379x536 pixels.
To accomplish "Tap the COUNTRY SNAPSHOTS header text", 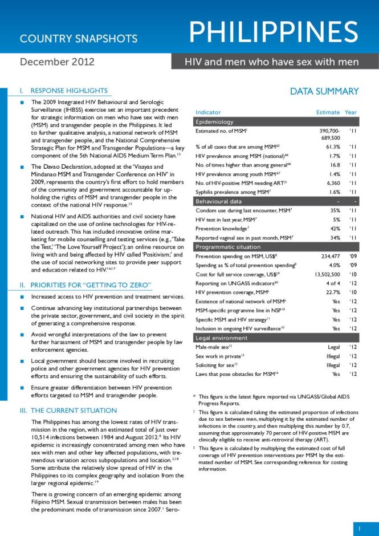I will (x=79, y=39).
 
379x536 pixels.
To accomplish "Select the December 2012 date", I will (x=57, y=62).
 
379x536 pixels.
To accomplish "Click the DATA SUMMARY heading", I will (x=324, y=91).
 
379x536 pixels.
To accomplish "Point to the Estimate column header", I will (x=328, y=112).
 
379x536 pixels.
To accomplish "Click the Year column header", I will (x=351, y=112).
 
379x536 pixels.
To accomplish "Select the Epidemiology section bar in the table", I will (x=276, y=122).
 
